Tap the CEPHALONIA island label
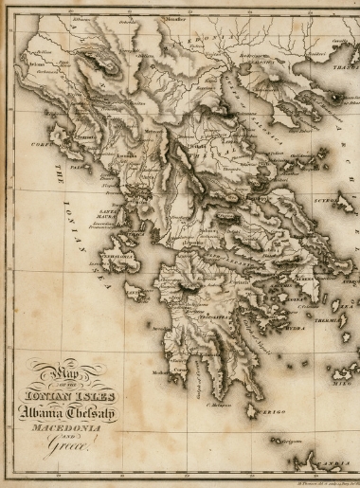(x=117, y=256)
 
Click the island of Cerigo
(x=252, y=408)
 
